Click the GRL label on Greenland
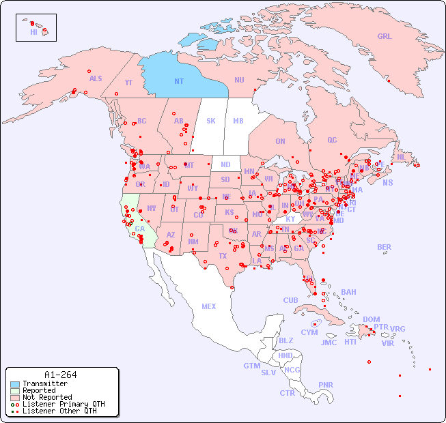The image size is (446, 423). tap(385, 36)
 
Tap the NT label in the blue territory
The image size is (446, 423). tap(178, 81)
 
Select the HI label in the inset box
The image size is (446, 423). tap(33, 32)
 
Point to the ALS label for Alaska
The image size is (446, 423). tap(96, 78)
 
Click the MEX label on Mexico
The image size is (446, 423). tap(209, 306)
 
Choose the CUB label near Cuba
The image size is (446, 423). tap(290, 300)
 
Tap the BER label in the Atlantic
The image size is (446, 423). tap(384, 247)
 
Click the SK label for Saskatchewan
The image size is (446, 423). tap(211, 121)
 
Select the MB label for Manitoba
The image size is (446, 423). tap(238, 121)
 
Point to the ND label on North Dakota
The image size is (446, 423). tap(225, 164)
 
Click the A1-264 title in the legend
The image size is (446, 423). tap(60, 375)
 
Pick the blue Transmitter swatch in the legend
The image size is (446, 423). tap(15, 384)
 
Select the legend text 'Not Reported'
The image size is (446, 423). tap(46, 397)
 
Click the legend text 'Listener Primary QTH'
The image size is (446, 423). tap(63, 404)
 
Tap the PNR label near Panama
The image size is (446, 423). tap(326, 385)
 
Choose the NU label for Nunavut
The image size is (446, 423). tap(239, 80)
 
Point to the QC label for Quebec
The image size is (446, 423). tap(332, 140)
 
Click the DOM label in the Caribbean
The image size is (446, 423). tap(371, 319)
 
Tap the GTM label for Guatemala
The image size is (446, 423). tap(252, 366)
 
